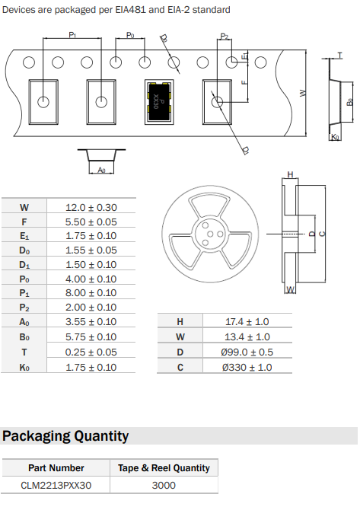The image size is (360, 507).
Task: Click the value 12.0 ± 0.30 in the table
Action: coord(91,207)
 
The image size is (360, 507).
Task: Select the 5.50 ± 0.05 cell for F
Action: coord(91,222)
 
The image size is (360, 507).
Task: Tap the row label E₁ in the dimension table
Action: coord(24,236)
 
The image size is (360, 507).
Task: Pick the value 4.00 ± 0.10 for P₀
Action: coord(91,279)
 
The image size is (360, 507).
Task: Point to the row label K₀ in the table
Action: coord(24,368)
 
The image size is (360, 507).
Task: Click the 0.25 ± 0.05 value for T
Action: coord(91,352)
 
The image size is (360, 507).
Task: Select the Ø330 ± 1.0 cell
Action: coord(247,368)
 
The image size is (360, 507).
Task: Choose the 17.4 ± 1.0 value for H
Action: coord(247,322)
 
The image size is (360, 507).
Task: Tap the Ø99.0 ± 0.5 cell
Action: coord(247,352)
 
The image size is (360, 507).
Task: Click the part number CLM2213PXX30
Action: coord(56,486)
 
